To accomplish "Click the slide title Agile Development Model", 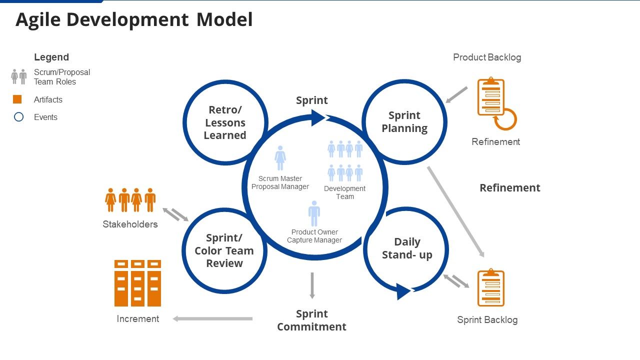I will click(x=134, y=20).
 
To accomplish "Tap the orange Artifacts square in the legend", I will click(x=17, y=99).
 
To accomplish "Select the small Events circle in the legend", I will click(x=18, y=117).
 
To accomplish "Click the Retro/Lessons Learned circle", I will click(x=225, y=122).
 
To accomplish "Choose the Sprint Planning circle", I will click(x=404, y=121).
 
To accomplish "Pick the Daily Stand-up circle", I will click(x=406, y=248).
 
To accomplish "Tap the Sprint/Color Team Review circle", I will click(x=224, y=250).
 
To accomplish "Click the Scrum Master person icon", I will click(x=280, y=158).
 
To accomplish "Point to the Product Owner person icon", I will click(x=314, y=213).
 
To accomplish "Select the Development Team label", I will click(x=344, y=192).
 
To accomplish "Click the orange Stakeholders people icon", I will click(x=130, y=200).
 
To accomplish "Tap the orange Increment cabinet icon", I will click(x=137, y=283).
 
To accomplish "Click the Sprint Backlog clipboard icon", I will click(x=490, y=288).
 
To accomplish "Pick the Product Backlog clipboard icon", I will click(x=490, y=97).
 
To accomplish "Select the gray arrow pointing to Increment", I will click(x=212, y=318).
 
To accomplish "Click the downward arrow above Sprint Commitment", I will click(x=312, y=285).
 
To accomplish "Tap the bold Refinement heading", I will click(x=509, y=188).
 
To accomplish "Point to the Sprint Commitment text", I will click(x=311, y=320).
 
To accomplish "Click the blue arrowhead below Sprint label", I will click(x=318, y=118).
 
